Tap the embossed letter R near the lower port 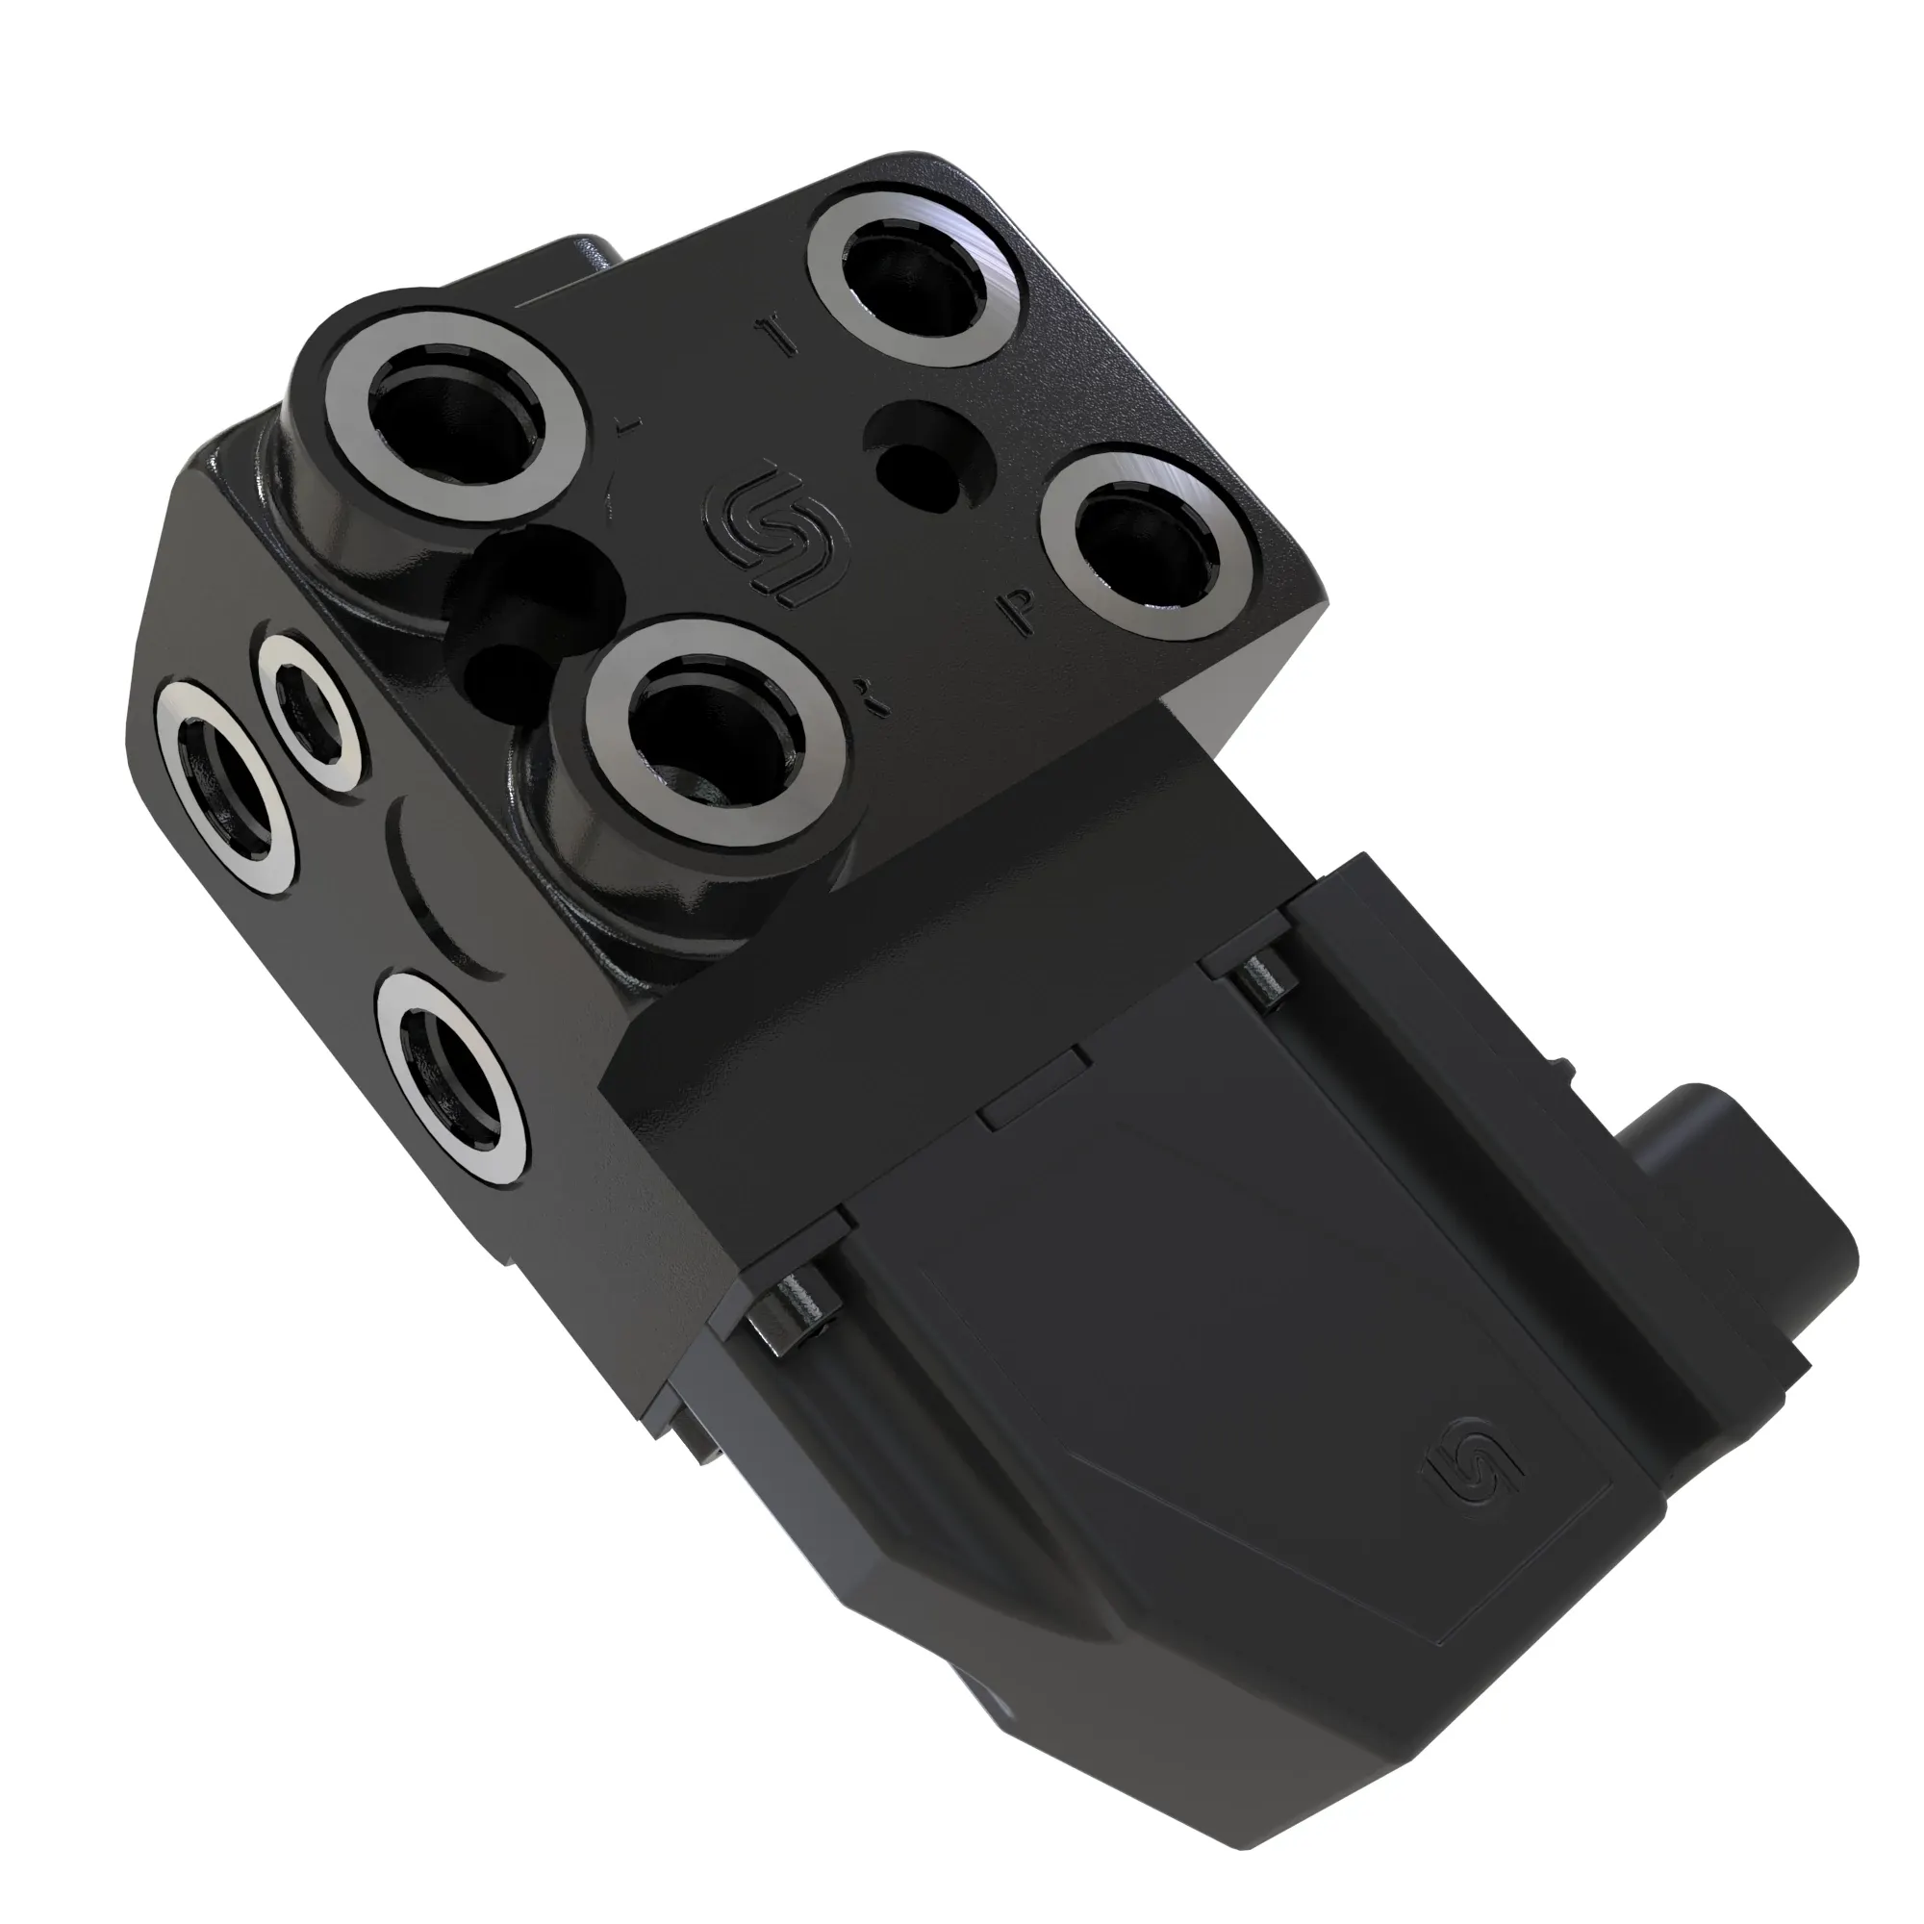coord(875,701)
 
